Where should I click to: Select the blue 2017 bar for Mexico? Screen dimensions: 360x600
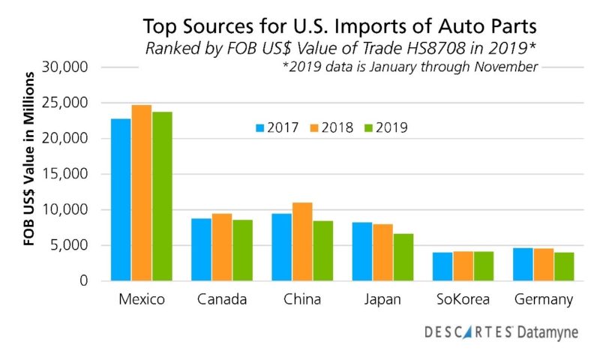point(121,199)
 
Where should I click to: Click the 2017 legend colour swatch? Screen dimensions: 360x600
point(260,127)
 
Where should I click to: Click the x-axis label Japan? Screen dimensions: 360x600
point(382,300)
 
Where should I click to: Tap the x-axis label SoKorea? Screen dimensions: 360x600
point(463,300)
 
